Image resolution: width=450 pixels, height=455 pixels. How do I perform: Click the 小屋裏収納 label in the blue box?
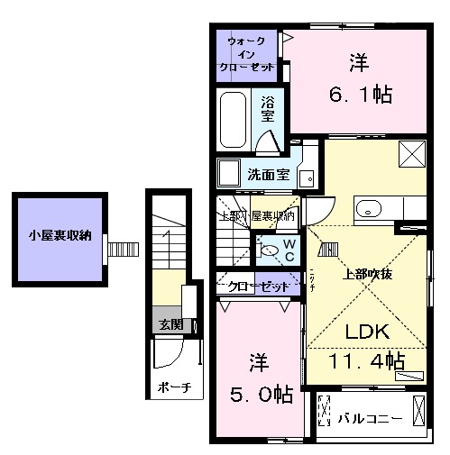point(60,237)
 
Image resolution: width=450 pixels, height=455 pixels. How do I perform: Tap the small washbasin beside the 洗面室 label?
point(307,177)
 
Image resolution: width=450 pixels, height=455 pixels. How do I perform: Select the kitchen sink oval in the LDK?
point(369,210)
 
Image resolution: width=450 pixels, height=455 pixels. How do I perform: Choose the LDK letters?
point(364,331)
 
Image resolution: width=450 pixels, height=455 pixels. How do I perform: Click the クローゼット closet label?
point(258,287)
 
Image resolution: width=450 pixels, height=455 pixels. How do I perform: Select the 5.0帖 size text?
point(259,395)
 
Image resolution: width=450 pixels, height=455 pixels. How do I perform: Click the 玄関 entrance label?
point(167,324)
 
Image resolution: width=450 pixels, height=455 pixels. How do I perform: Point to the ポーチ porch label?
point(174,387)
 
